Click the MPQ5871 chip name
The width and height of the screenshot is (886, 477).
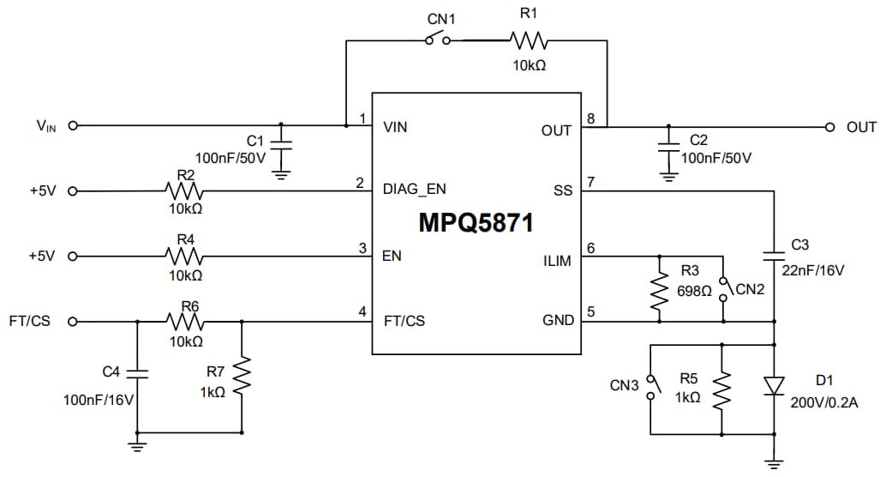coord(476,223)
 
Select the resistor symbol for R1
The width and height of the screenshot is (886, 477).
coord(527,39)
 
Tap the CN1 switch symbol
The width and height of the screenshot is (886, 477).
coord(437,39)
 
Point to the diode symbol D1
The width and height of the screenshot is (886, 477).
coord(775,387)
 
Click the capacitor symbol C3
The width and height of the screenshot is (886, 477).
coord(775,254)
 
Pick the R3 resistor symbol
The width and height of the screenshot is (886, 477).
coord(659,291)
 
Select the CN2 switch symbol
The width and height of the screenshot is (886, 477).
coord(723,288)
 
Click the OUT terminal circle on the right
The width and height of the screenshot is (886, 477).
coord(829,127)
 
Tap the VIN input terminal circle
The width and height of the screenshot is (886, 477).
coord(73,125)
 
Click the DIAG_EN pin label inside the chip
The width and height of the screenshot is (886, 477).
coord(415,189)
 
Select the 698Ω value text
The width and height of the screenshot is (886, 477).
coord(694,291)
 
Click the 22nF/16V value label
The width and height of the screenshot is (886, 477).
coord(813,270)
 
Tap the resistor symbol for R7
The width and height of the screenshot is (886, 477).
coord(242,377)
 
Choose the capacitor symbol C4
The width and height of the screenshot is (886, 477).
coord(137,373)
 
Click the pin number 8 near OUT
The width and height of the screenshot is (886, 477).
coord(590,118)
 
